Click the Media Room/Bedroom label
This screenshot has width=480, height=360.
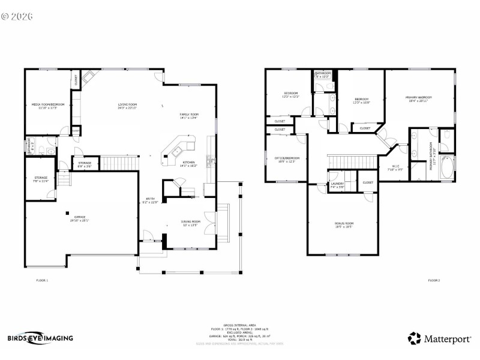tap(47, 106)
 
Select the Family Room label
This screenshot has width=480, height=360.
tap(189, 115)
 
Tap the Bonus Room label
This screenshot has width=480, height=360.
tap(343, 225)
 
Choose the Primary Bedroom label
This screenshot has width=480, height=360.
tap(418, 98)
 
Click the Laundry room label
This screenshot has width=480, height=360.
tap(337, 185)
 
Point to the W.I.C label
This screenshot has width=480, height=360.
tap(396, 168)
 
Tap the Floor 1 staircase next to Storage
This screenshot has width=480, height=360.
tap(113, 163)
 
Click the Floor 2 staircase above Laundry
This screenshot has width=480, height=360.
tap(349, 161)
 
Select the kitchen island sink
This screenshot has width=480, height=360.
tap(178, 152)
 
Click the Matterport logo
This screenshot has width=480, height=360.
tap(439, 338)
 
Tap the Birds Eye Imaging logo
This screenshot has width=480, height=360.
tap(40, 338)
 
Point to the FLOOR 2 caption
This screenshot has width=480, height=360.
tap(433, 280)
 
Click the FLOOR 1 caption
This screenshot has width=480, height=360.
tap(43, 280)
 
